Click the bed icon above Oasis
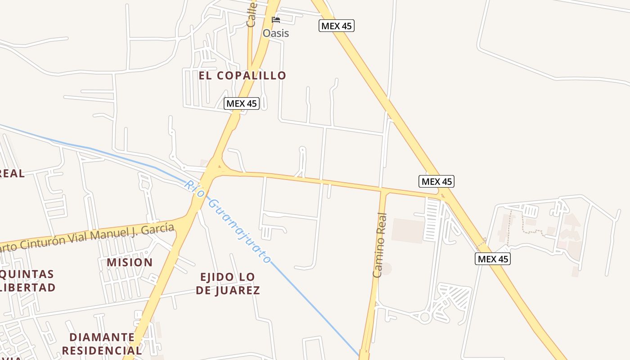(x=276, y=20)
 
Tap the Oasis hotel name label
(x=275, y=33)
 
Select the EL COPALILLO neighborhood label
(x=243, y=76)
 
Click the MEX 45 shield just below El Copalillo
(x=242, y=103)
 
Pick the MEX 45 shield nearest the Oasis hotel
(x=337, y=26)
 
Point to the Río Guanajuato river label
(x=228, y=221)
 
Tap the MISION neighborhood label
(x=130, y=262)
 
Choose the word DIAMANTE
(x=102, y=337)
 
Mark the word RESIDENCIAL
(x=102, y=350)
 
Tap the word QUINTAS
(x=27, y=274)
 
